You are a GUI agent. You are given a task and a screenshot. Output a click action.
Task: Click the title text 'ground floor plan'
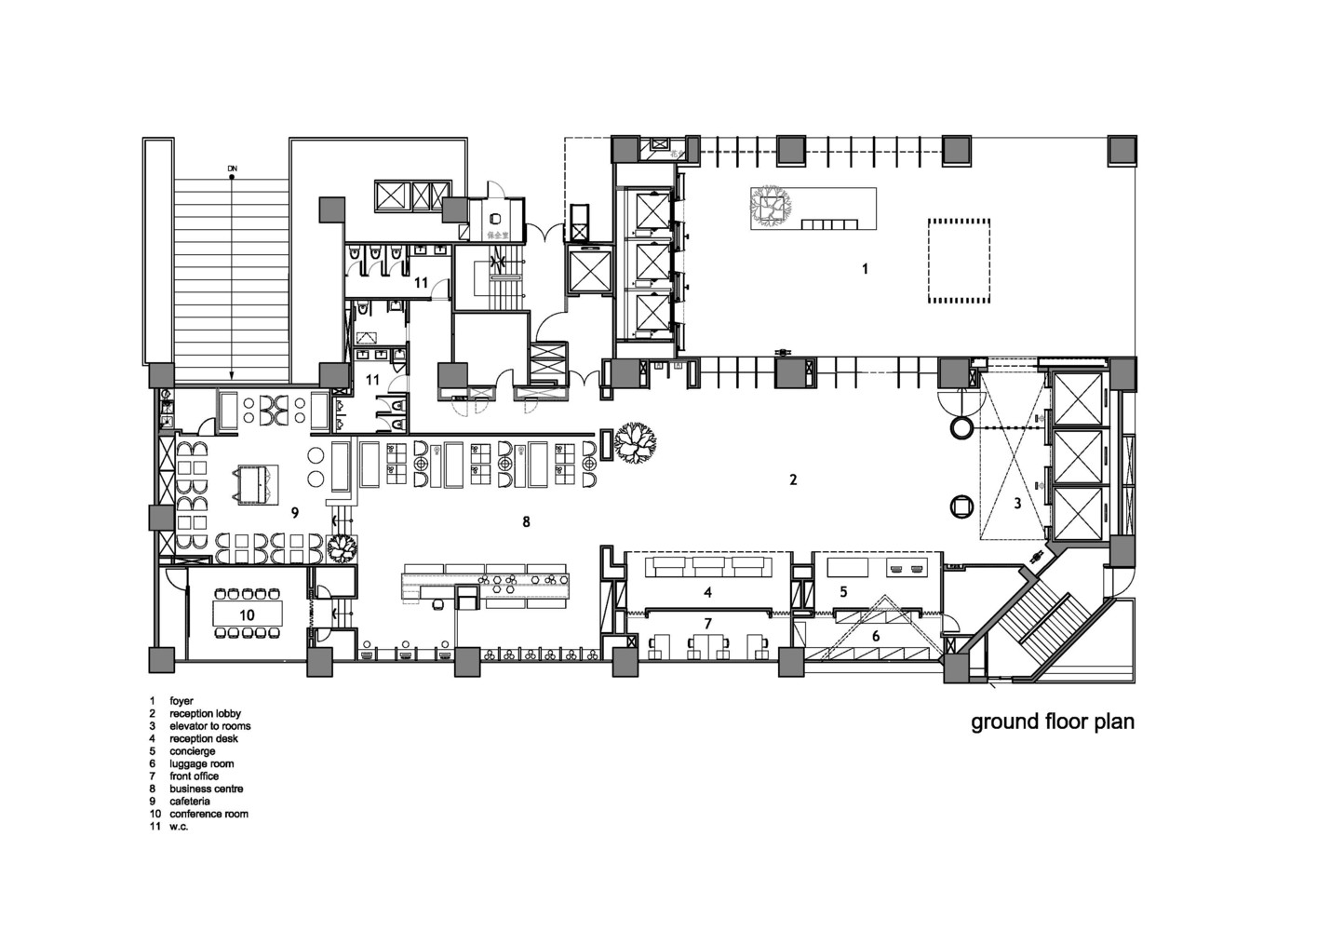(1053, 722)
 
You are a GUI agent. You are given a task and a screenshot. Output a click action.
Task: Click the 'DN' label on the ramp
(232, 169)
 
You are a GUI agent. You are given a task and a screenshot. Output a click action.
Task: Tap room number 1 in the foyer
(865, 269)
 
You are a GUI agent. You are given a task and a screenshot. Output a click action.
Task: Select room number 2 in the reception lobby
(793, 480)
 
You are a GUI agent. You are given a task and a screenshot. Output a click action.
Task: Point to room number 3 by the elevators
(1017, 504)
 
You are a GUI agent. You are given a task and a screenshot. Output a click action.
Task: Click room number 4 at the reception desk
(707, 592)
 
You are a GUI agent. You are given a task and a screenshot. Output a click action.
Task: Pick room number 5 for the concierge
(843, 592)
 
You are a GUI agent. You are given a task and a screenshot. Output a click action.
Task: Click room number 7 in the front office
(707, 622)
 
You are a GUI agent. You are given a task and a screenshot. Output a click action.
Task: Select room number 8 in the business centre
(526, 522)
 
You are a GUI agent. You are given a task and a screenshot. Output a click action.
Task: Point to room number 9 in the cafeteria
(294, 512)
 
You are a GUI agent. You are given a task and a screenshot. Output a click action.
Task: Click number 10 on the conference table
(247, 615)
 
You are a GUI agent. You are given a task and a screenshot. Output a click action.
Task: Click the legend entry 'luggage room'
(201, 763)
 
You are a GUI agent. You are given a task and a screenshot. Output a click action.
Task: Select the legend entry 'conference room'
(208, 814)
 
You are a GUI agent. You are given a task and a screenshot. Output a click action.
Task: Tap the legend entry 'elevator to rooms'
(209, 726)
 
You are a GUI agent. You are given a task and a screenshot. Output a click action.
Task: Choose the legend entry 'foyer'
(181, 700)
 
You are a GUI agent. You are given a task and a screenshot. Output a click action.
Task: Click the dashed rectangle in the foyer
(956, 261)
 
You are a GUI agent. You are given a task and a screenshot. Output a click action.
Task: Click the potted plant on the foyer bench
(770, 206)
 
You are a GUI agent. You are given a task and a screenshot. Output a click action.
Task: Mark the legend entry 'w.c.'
(179, 827)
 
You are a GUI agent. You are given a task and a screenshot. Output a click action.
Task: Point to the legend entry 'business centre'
(206, 789)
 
